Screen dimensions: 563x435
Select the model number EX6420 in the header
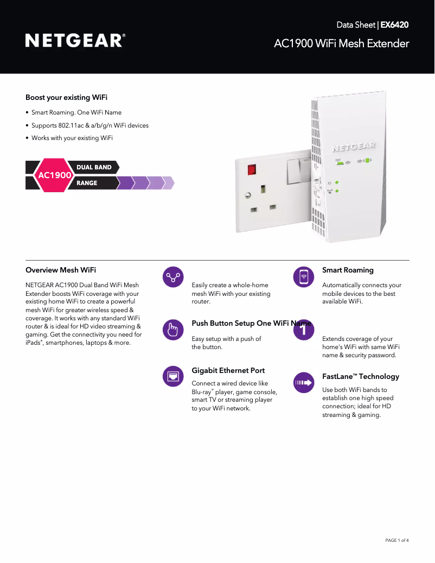[x=394, y=25]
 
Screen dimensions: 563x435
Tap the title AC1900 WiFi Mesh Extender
[x=341, y=43]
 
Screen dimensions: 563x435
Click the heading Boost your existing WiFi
[x=66, y=97]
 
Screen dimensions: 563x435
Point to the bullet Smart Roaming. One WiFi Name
[x=76, y=113]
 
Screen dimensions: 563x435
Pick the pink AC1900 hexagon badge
[x=54, y=175]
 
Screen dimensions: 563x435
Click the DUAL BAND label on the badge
[x=94, y=167]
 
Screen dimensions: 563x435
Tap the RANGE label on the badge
[x=87, y=183]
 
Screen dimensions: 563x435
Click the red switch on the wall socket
[x=252, y=169]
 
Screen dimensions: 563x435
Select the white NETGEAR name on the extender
[x=354, y=147]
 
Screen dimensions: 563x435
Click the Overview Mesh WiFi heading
[x=61, y=270]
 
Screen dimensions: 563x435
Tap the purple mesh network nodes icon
[x=173, y=277]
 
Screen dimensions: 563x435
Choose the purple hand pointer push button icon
[x=173, y=330]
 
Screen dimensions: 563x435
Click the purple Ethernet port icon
[x=173, y=376]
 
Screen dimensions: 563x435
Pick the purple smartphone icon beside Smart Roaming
[x=304, y=277]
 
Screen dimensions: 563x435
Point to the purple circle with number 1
[x=304, y=330]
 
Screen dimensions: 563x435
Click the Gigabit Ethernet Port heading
[x=228, y=370]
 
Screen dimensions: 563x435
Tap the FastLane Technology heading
[x=361, y=376]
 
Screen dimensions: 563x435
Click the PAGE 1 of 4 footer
[x=396, y=540]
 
